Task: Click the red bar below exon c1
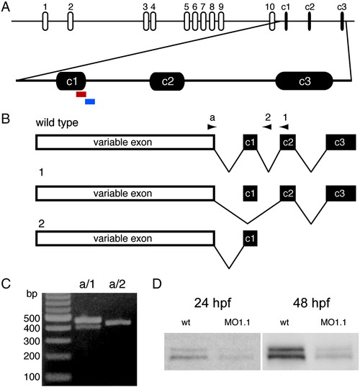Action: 81,94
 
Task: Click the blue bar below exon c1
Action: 90,101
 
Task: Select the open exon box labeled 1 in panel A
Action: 45,22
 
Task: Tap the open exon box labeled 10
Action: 271,22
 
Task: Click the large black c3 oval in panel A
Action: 304,81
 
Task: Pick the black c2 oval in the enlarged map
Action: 167,81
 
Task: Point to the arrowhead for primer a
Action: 212,127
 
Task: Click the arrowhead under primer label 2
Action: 267,127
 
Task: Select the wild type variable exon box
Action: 125,142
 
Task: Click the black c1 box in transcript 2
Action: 250,238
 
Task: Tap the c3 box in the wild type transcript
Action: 341,142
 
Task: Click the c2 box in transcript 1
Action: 288,193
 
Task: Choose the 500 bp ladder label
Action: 32,319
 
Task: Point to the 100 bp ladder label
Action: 32,377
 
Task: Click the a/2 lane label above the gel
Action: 117,284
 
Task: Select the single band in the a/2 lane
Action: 118,322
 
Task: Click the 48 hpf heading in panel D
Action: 311,303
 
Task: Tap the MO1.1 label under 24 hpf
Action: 237,322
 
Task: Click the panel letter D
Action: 157,284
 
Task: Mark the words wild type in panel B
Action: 57,123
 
